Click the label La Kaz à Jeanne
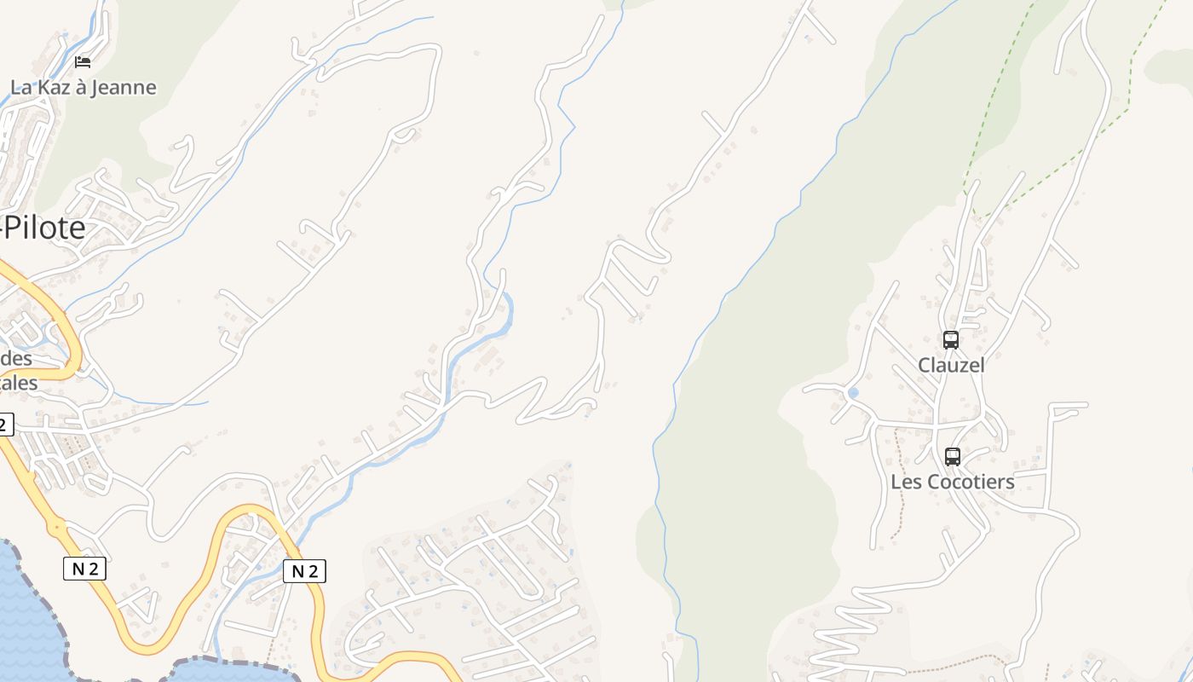click(x=83, y=87)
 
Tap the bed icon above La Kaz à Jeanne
click(x=83, y=61)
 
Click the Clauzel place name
click(x=951, y=365)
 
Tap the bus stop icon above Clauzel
click(x=951, y=340)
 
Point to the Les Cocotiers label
click(x=953, y=482)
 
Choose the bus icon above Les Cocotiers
click(x=953, y=456)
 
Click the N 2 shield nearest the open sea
click(x=84, y=569)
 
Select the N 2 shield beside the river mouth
click(x=304, y=571)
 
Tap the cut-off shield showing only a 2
click(x=6, y=424)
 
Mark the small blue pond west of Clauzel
click(x=853, y=393)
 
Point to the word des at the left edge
click(x=16, y=358)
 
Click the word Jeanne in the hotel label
click(x=125, y=87)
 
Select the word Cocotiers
click(x=971, y=482)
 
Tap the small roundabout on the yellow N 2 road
click(x=57, y=528)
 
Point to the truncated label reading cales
click(x=19, y=383)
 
